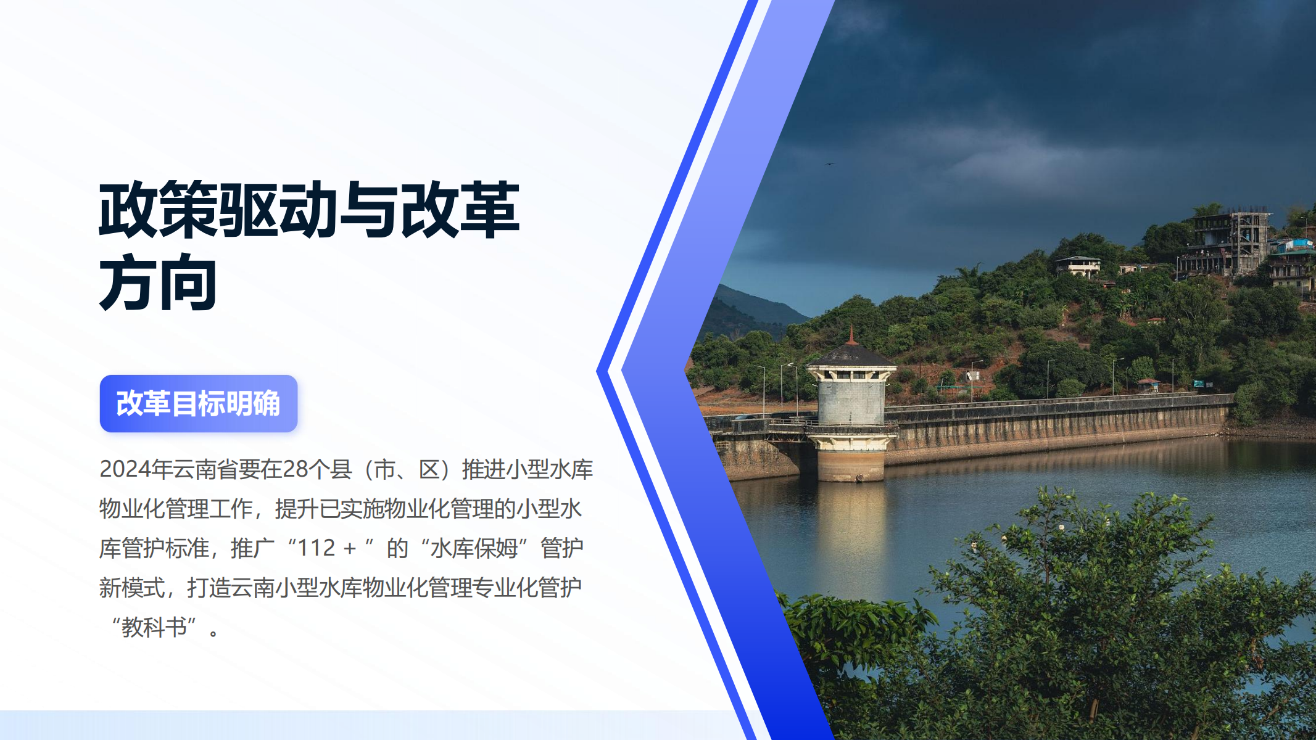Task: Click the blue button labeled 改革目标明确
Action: click(199, 403)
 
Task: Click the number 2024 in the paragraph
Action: click(125, 469)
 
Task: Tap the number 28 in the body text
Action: click(296, 469)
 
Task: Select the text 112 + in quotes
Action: click(327, 548)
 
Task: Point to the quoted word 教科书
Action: click(154, 627)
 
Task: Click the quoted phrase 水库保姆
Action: click(474, 548)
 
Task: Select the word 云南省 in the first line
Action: click(205, 469)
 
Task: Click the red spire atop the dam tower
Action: click(851, 335)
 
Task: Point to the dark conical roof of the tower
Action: click(851, 355)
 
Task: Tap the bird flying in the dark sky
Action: click(830, 164)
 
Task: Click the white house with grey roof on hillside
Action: click(1077, 266)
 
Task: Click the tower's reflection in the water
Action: click(851, 536)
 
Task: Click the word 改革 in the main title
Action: click(460, 210)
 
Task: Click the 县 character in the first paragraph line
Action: click(341, 469)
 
